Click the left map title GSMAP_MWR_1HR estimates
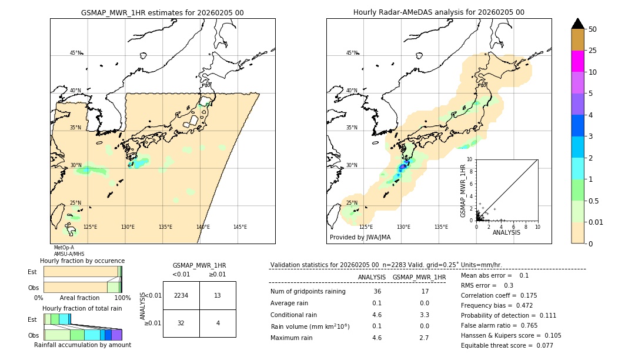click(x=162, y=12)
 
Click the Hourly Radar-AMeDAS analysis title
click(x=439, y=12)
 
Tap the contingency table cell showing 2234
click(x=181, y=295)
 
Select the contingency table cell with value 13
click(x=218, y=295)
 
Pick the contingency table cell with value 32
click(x=181, y=323)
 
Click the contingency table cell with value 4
click(x=218, y=323)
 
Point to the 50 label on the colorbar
click(x=593, y=29)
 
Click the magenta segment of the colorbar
click(x=577, y=61)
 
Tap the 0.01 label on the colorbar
click(x=596, y=222)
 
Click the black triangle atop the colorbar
click(x=577, y=24)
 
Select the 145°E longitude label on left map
click(x=240, y=227)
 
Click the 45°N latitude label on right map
click(x=351, y=53)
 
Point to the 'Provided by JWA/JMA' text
click(x=360, y=238)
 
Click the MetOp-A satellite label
click(x=64, y=248)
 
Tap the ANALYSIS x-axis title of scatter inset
click(x=506, y=232)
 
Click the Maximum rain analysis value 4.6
click(x=377, y=338)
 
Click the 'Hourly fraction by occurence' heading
click(x=82, y=261)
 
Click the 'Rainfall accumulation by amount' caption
click(x=82, y=345)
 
